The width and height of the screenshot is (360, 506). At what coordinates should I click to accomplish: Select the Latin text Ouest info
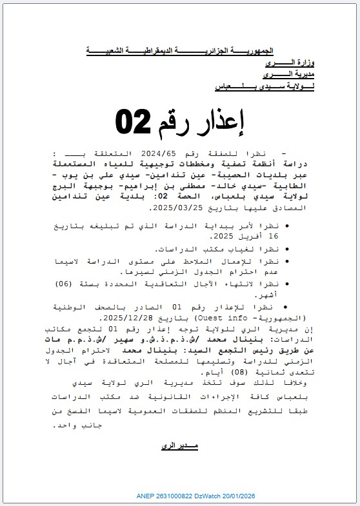195,318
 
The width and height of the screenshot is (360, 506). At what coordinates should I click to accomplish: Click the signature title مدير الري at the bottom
179,445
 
